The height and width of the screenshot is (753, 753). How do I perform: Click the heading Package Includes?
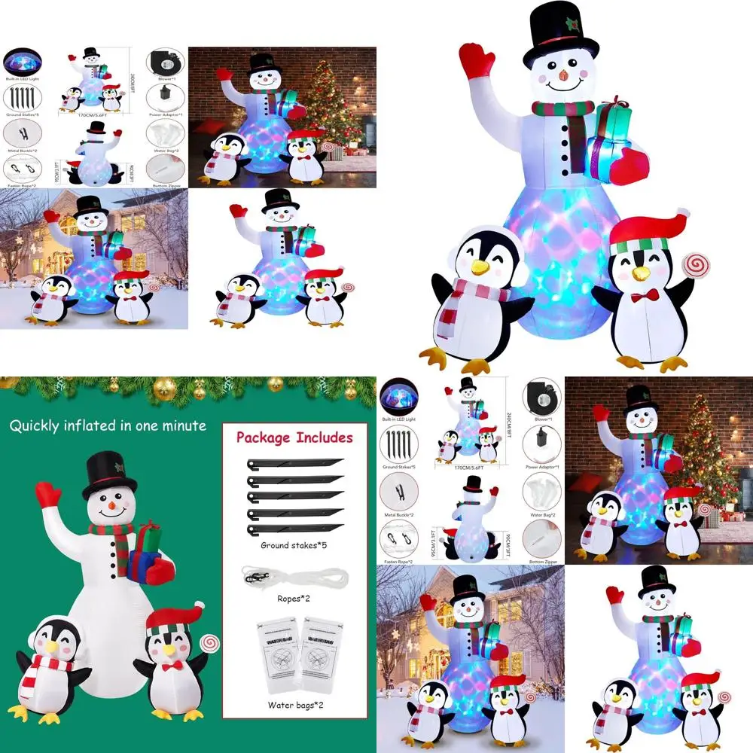pyautogui.click(x=294, y=437)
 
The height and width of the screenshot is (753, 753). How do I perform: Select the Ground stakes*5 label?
pyautogui.click(x=294, y=544)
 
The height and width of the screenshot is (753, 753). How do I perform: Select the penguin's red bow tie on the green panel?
pyautogui.click(x=172, y=666)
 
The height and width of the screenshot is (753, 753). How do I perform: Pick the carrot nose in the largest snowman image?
pyautogui.click(x=562, y=76)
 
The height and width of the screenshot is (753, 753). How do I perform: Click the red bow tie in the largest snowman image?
pyautogui.click(x=645, y=295)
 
